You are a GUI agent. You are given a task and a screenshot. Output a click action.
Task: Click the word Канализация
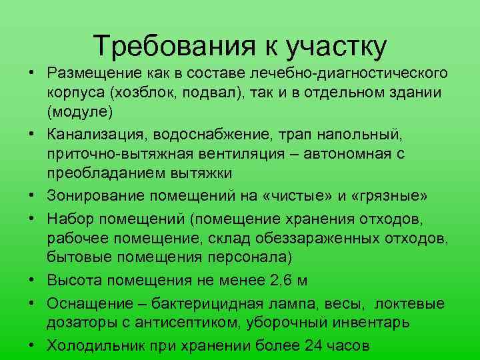[x=87, y=136]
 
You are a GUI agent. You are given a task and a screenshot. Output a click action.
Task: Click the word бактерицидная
[x=220, y=304]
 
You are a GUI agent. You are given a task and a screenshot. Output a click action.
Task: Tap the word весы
[x=344, y=304]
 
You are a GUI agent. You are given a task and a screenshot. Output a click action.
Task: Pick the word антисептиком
[x=169, y=323]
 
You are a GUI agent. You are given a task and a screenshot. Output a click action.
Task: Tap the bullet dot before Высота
[x=31, y=280]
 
